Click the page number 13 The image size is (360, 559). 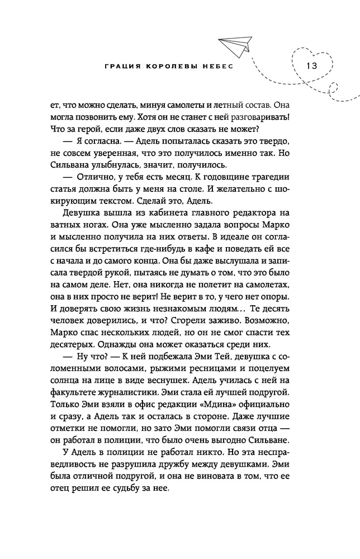[x=311, y=65]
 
